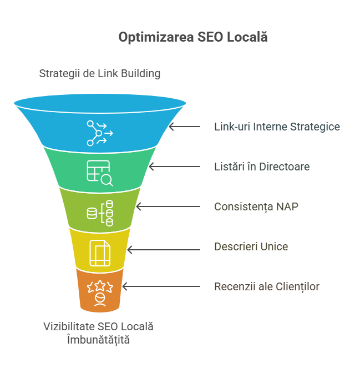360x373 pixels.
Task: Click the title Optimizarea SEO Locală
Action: (193, 37)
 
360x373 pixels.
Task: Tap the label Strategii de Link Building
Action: (100, 73)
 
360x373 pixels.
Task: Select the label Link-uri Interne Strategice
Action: (277, 127)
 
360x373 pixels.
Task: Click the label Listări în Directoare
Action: (262, 167)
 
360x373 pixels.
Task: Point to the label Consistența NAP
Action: (256, 206)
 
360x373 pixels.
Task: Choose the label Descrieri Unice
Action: (251, 246)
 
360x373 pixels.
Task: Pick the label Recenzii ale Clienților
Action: (267, 286)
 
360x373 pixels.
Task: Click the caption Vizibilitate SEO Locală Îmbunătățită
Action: (98, 333)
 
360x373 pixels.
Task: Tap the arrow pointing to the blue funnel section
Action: (185, 127)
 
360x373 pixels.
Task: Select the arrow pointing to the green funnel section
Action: (175, 167)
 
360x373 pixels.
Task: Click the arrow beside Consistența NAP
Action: (168, 206)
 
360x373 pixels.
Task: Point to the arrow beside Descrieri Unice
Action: (164, 250)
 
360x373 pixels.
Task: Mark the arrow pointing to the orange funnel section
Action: (161, 286)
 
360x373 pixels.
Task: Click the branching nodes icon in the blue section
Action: (100, 133)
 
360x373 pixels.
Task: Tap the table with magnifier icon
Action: (100, 173)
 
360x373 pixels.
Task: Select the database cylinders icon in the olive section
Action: (100, 213)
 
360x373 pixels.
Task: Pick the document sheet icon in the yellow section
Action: (100, 253)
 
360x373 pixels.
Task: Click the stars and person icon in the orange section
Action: (100, 293)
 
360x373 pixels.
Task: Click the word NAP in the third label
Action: (287, 206)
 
